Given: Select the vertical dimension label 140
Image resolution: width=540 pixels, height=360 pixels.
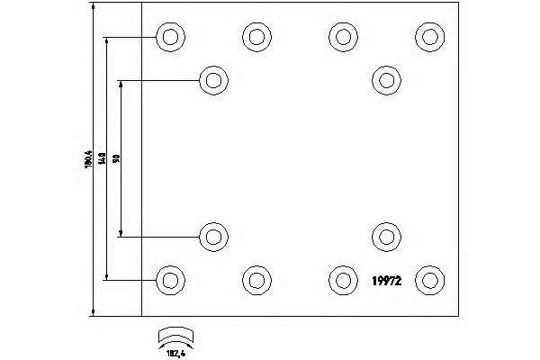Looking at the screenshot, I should [103, 158].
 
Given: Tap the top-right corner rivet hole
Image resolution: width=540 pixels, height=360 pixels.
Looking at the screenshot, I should [429, 37].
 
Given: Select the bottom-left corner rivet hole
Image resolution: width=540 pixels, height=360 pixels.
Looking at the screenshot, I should [168, 280].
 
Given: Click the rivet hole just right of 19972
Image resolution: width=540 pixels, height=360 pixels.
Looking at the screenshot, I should [429, 280].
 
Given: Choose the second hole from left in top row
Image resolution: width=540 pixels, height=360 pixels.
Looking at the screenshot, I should [256, 37].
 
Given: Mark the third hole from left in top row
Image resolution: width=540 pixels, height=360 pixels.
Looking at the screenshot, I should [342, 37].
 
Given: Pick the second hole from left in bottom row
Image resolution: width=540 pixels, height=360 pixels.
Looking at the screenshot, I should [256, 280].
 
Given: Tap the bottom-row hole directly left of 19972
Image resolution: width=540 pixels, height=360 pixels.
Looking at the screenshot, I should [342, 280].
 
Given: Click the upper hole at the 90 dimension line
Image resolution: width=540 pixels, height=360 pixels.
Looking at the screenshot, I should [213, 80].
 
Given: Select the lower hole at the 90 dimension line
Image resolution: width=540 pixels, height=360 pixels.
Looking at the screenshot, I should [213, 237].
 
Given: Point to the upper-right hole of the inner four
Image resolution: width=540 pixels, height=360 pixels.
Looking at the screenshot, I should [385, 80].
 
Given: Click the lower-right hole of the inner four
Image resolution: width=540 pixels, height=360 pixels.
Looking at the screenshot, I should [385, 237].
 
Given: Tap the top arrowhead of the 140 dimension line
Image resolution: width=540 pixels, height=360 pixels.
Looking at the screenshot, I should [106, 41].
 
